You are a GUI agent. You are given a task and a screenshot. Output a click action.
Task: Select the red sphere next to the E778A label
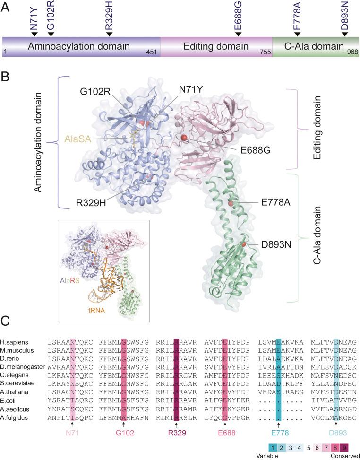tap(231, 203)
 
